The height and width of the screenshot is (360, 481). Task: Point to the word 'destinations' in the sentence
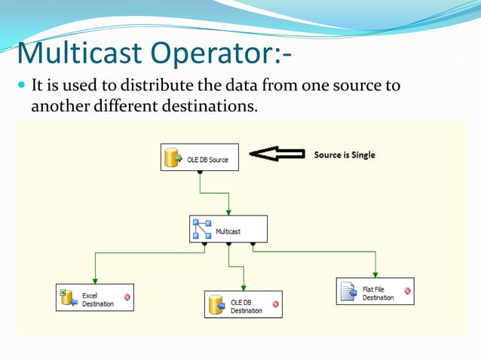209,105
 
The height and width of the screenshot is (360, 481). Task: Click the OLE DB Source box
200,158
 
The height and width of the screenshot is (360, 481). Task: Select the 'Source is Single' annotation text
345,154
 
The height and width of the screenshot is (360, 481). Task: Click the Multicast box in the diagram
228,229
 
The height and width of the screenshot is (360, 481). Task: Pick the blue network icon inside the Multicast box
202,229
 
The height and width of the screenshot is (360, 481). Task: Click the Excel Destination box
95,297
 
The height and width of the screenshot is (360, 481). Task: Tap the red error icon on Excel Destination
127,297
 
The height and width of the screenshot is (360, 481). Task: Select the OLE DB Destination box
243,304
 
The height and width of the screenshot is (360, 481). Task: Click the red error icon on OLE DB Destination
275,304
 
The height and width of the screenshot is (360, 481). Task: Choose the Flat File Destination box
375,291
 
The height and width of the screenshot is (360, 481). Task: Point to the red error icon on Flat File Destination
407,291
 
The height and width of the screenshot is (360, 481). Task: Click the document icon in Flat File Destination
348,291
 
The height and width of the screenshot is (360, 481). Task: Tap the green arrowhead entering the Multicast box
228,212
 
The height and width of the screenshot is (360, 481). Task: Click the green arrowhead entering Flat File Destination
375,274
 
